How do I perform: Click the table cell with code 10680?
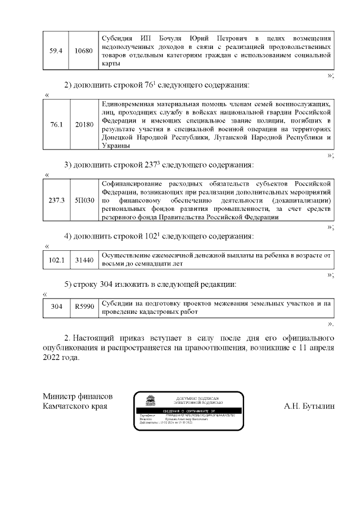point(84,51)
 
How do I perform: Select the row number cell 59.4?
point(56,51)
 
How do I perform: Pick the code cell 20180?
point(84,124)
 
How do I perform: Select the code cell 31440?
point(84,260)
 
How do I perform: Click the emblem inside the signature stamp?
point(150,401)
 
